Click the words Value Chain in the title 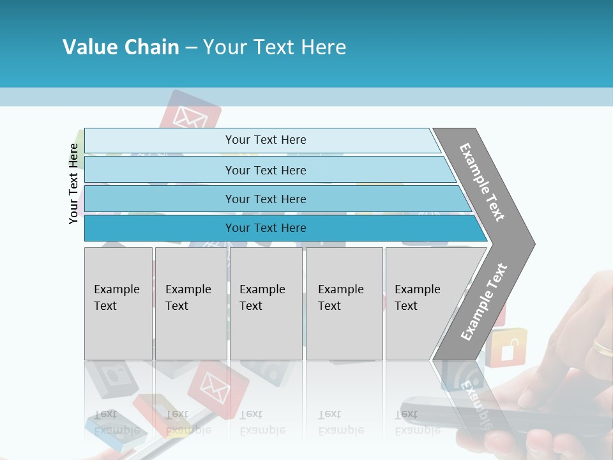pos(121,47)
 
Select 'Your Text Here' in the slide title pos(275,47)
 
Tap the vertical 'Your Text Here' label pos(74,183)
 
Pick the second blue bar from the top pos(265,170)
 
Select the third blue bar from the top pos(265,199)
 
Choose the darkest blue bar pos(265,228)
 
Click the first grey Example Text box pos(118,303)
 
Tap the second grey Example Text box pos(190,303)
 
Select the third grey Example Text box pos(266,303)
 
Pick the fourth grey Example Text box pos(344,303)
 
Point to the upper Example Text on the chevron pos(482,182)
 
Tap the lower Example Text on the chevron pos(484,302)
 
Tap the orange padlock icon pos(509,348)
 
